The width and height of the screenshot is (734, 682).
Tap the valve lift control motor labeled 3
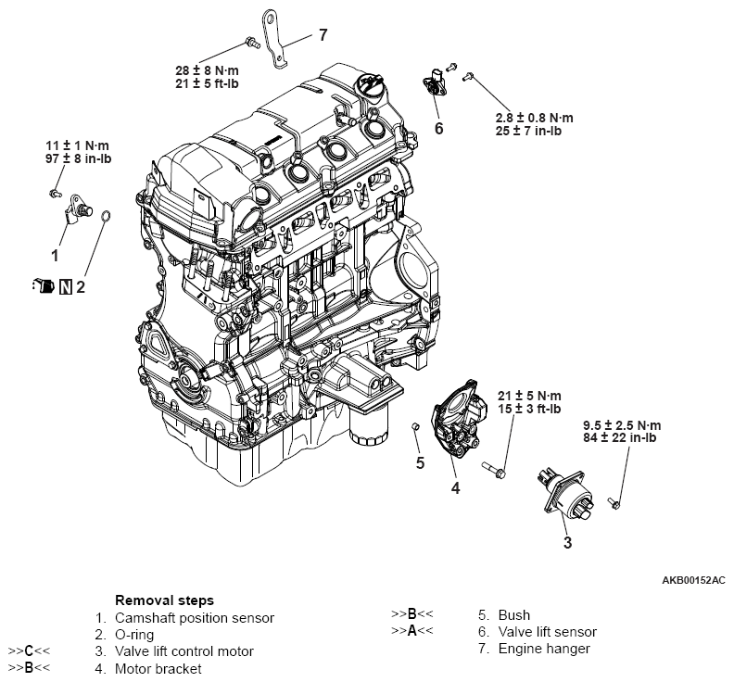(560, 490)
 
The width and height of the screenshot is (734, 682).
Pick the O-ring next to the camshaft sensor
(107, 218)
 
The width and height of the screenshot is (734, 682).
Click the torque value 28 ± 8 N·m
(207, 69)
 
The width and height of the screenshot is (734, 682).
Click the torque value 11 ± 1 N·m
(76, 146)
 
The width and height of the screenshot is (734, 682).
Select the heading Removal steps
(164, 600)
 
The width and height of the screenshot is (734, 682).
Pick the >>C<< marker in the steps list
(29, 650)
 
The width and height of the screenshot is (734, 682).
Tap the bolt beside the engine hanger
(250, 41)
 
